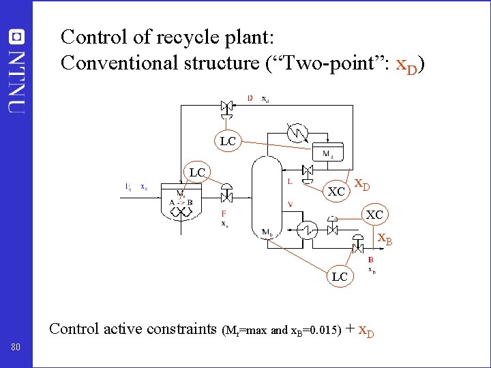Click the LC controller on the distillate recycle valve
pyautogui.click(x=227, y=141)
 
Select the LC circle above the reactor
pyautogui.click(x=197, y=172)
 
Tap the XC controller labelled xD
pyautogui.click(x=336, y=191)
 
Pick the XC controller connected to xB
pyautogui.click(x=374, y=214)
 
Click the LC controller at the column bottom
pyautogui.click(x=340, y=276)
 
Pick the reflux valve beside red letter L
pyautogui.click(x=308, y=171)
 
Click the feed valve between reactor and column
pyautogui.click(x=227, y=196)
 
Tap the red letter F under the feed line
pyautogui.click(x=224, y=213)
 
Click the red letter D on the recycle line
pyautogui.click(x=250, y=99)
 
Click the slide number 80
pyautogui.click(x=16, y=348)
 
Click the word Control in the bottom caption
pyautogui.click(x=74, y=328)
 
